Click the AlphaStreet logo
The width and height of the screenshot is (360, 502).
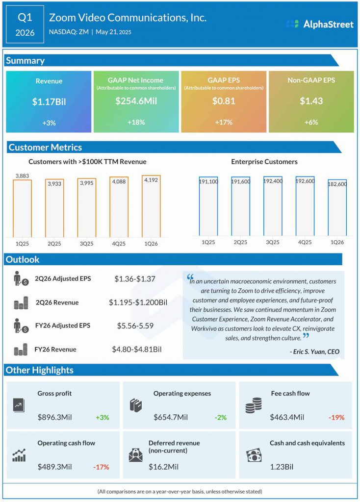click(319, 24)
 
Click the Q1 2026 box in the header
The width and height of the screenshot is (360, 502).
click(25, 25)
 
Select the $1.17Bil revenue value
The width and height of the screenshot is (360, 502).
click(49, 101)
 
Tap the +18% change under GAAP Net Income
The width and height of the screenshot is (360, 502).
click(136, 122)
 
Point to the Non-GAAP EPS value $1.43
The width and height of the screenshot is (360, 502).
click(311, 101)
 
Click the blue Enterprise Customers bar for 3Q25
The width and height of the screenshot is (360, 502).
click(273, 206)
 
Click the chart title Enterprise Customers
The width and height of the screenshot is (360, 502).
click(264, 161)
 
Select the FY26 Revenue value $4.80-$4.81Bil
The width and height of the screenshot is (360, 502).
click(137, 350)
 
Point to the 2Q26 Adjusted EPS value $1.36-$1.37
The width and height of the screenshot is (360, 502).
click(135, 279)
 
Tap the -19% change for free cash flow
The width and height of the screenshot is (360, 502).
click(336, 418)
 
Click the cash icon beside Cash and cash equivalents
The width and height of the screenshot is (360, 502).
click(254, 455)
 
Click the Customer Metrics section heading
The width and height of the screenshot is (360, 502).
click(45, 147)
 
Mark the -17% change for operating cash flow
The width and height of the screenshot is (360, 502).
click(101, 467)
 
